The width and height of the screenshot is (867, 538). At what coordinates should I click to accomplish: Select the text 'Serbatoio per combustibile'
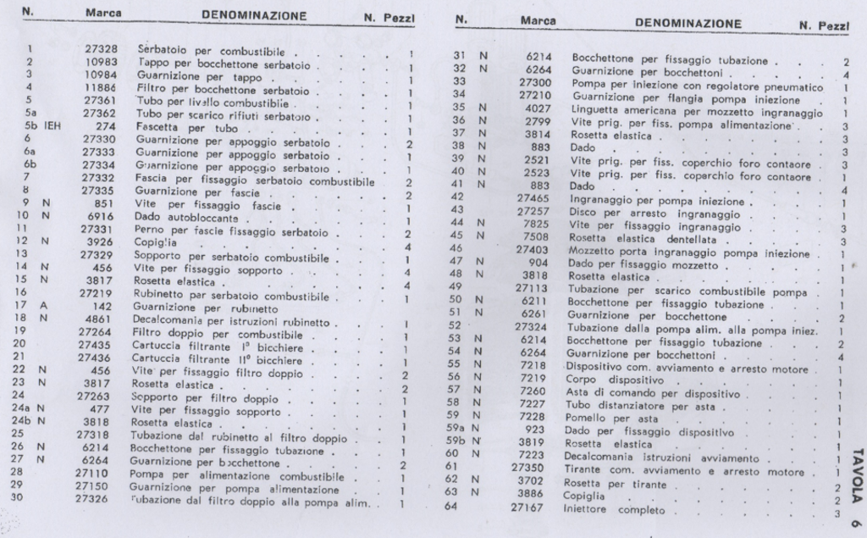pyautogui.click(x=196, y=50)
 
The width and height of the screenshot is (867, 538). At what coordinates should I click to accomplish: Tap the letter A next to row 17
pyautogui.click(x=40, y=307)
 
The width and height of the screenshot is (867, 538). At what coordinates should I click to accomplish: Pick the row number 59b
pyautogui.click(x=456, y=443)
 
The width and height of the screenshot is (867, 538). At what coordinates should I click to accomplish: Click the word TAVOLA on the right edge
pyautogui.click(x=855, y=470)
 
